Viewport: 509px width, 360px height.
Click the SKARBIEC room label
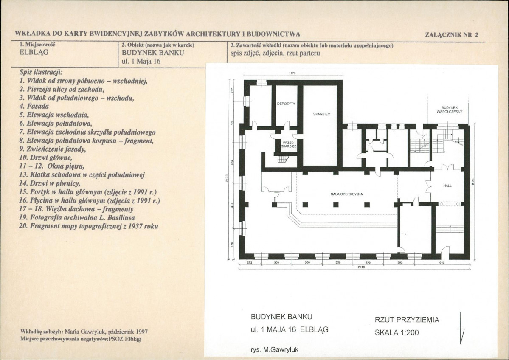point(321,114)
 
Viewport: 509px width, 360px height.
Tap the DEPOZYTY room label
point(286,104)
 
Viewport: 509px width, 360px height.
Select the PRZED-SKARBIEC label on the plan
point(289,144)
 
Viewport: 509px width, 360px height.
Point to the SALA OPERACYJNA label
point(347,194)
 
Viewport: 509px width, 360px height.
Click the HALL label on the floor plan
point(447,186)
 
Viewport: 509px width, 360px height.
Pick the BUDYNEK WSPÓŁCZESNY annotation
point(450,110)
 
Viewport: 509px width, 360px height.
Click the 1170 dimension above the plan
point(292,73)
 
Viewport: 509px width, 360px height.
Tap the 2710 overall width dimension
point(361,267)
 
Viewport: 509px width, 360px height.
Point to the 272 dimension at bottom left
point(250,262)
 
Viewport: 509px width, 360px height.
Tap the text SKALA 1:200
point(397,332)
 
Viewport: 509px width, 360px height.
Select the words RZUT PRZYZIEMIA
point(407,320)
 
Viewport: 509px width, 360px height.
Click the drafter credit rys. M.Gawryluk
point(275,350)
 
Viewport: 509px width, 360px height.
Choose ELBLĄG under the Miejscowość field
point(34,53)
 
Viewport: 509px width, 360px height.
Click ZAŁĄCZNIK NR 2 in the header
point(452,35)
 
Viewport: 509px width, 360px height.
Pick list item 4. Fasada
point(34,106)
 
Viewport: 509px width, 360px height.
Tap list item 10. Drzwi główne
point(45,158)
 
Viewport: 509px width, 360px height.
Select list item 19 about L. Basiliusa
point(77,217)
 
